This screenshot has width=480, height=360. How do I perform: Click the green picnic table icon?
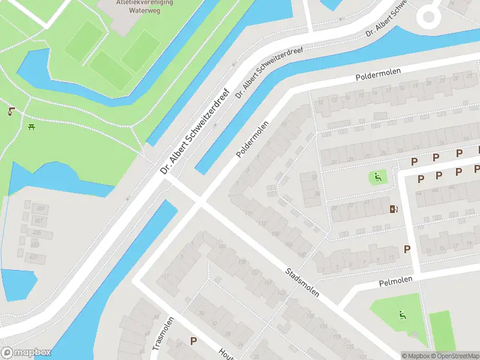coord(32,127)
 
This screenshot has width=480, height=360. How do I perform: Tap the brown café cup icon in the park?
coord(11,111)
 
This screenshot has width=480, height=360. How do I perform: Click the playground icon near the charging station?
coord(376,176)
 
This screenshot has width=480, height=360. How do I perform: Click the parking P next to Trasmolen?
coord(193,341)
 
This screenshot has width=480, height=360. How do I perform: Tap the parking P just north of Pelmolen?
coord(407,249)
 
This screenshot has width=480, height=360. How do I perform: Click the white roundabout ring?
coord(429,16)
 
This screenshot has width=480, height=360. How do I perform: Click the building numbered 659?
coord(41,208)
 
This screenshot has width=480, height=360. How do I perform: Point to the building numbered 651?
coord(34,257)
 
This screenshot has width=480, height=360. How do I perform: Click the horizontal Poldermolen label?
coord(377,74)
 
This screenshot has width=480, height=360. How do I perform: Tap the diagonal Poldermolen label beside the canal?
coord(252,139)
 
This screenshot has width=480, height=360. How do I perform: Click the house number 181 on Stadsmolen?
coord(223,247)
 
